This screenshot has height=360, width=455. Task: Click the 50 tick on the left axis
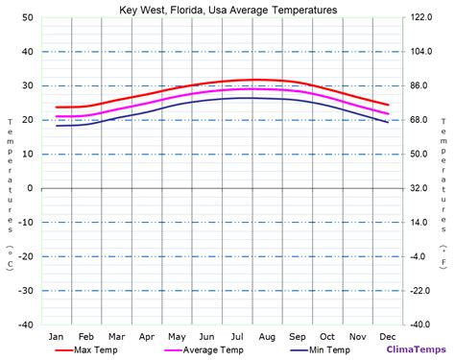click(28, 18)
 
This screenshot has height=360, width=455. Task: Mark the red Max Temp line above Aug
click(267, 80)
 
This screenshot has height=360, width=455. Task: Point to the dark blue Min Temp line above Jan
click(57, 126)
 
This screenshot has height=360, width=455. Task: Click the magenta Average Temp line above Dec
click(388, 113)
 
